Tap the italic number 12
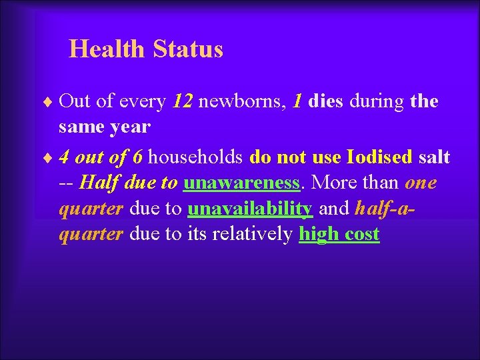183,101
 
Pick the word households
196,157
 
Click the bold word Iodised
379,157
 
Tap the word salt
434,157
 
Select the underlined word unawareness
241,183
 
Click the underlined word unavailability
250,209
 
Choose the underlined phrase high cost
339,234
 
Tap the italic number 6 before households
137,157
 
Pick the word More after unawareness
333,183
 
